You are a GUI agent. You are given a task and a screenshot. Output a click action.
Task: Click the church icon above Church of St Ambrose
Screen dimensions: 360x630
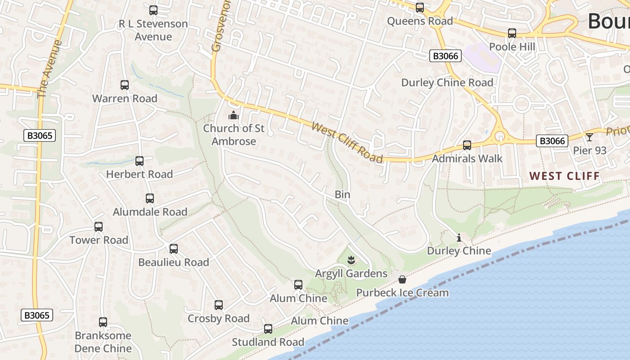click(x=233, y=116)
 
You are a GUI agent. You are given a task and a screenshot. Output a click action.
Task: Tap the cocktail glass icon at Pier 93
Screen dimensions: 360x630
click(x=589, y=137)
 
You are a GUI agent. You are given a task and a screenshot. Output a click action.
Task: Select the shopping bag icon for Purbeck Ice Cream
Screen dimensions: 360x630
click(x=402, y=280)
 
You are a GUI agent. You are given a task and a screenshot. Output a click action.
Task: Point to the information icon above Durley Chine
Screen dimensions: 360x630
click(x=459, y=237)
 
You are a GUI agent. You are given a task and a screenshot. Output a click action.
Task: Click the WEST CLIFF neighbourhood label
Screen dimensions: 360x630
click(x=565, y=175)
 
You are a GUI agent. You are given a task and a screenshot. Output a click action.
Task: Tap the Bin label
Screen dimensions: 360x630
click(x=342, y=194)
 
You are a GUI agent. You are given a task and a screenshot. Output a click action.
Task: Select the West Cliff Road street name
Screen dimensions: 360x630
click(x=347, y=142)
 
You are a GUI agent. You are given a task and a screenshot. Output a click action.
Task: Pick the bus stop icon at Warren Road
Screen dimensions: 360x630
click(x=125, y=85)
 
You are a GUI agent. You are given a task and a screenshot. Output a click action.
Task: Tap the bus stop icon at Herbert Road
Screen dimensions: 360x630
click(x=139, y=161)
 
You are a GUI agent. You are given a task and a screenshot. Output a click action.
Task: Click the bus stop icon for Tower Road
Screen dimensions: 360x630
click(x=99, y=227)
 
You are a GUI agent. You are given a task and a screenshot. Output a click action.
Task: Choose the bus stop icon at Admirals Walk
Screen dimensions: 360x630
click(x=467, y=145)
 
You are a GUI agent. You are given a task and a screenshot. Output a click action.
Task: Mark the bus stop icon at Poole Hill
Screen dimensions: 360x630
click(x=512, y=33)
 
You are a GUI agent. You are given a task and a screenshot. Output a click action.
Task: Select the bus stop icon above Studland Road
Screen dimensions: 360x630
click(x=268, y=328)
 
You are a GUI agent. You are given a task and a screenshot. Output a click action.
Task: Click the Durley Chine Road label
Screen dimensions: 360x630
click(x=447, y=83)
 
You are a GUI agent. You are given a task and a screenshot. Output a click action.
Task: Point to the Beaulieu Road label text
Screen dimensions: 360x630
click(x=174, y=262)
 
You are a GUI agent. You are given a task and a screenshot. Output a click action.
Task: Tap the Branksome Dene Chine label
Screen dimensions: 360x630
click(x=103, y=342)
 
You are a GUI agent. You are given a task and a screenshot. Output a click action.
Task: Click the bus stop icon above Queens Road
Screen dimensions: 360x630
click(x=420, y=8)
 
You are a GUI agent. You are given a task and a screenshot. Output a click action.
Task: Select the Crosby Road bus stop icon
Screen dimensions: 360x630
click(x=219, y=305)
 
